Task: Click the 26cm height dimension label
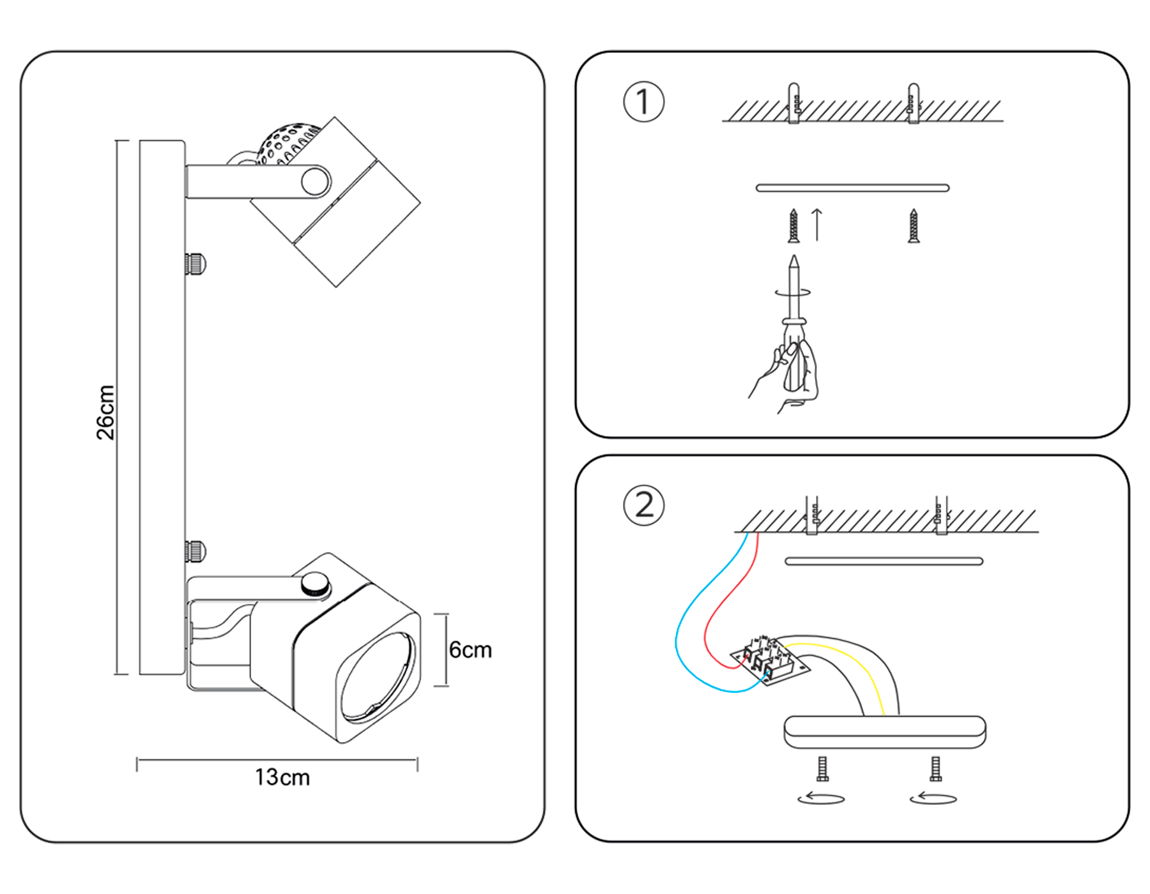[x=105, y=412]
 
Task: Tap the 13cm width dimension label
[x=282, y=777]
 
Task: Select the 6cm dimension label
[x=470, y=650]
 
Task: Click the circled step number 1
[x=643, y=102]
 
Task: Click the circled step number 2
[x=643, y=505]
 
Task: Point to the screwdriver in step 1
[x=794, y=307]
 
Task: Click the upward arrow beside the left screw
[x=816, y=225]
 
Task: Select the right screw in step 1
[x=914, y=227]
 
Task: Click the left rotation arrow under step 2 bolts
[x=821, y=798]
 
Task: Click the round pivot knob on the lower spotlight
[x=315, y=583]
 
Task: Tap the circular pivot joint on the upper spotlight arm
[x=314, y=181]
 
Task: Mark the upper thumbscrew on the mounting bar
[x=195, y=263]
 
